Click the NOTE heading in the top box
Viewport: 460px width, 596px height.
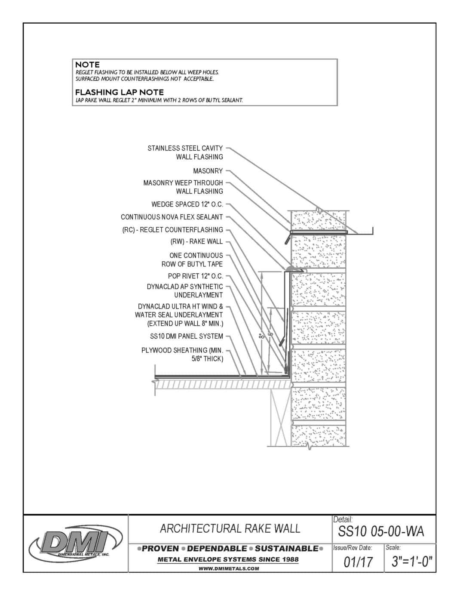[x=87, y=65]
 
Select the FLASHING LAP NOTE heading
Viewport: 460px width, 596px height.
[x=119, y=92]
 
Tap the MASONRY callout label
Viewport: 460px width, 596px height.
[x=208, y=171]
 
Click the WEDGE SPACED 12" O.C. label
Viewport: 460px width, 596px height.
[x=187, y=204]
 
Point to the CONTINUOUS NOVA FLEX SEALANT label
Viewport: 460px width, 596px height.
[x=172, y=217]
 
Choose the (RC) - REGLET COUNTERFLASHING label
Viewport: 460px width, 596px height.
[x=172, y=230]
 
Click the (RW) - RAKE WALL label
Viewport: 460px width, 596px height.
[x=196, y=241]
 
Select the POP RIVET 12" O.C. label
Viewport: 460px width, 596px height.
[x=195, y=276]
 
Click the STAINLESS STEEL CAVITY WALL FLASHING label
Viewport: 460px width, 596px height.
[x=185, y=152]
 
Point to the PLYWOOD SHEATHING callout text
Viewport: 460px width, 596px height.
[x=182, y=354]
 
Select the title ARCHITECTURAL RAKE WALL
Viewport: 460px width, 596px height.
[x=230, y=528]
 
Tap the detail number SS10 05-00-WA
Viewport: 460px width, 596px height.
[x=381, y=532]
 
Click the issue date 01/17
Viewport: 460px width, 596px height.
[x=358, y=562]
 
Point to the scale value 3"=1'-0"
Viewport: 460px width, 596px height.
[x=411, y=562]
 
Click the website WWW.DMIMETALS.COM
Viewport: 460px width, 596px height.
[x=229, y=568]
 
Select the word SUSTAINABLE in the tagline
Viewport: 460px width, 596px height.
[x=286, y=548]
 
